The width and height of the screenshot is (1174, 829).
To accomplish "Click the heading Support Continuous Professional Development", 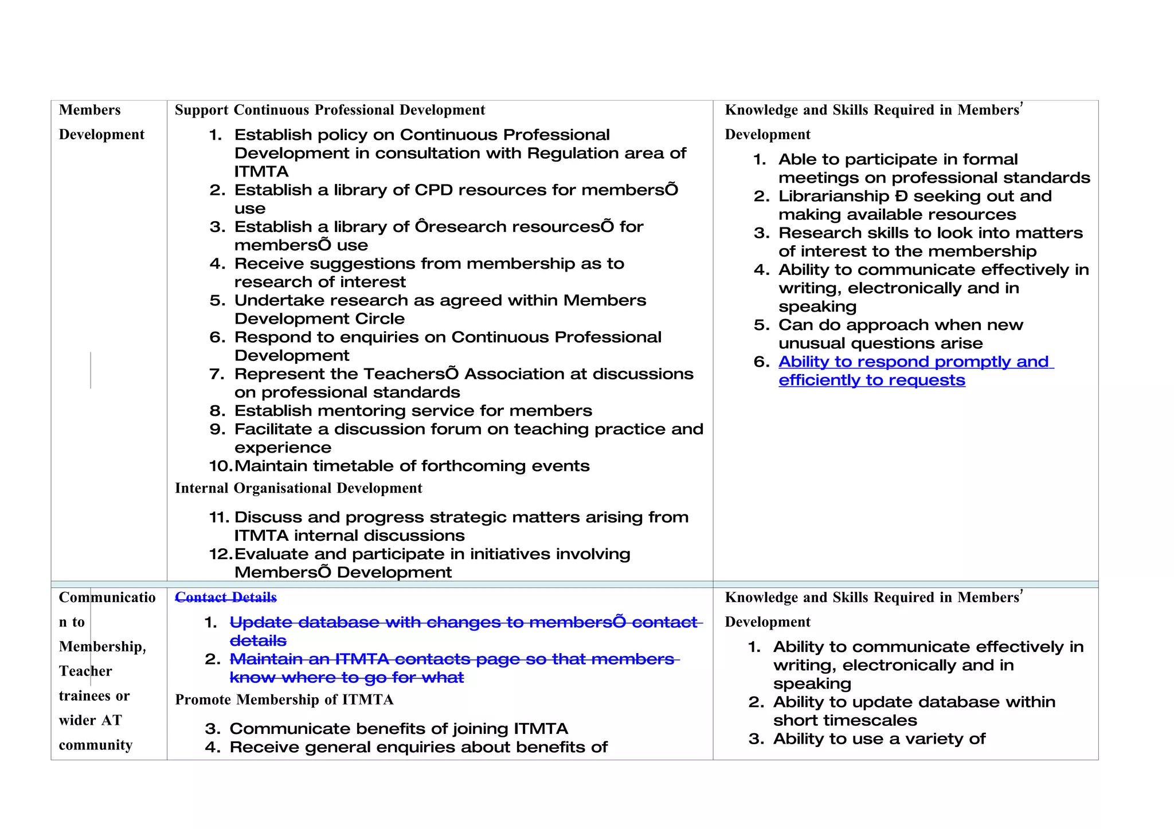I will coord(330,110).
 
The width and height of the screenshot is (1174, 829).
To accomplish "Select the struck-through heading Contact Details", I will coord(225,598).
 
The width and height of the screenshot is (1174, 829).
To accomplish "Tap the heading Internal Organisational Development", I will coord(298,488).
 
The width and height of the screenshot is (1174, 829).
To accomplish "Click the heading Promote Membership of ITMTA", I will coord(284,700).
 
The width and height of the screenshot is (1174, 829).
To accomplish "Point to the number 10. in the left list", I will coord(220,466).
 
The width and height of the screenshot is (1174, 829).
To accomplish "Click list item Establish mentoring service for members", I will coord(413,411).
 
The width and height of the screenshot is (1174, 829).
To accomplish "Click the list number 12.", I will coord(220,554).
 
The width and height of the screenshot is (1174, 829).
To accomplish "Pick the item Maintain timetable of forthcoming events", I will coord(412,466).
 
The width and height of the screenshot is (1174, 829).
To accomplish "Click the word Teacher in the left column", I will coord(85,671).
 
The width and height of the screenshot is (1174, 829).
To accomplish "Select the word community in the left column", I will coord(96,745).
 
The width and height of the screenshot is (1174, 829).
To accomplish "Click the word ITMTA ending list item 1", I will coord(261,171).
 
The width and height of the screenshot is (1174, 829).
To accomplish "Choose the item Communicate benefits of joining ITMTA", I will coord(398,729).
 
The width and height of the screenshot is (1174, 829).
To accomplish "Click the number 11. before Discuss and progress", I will coord(219,517).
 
